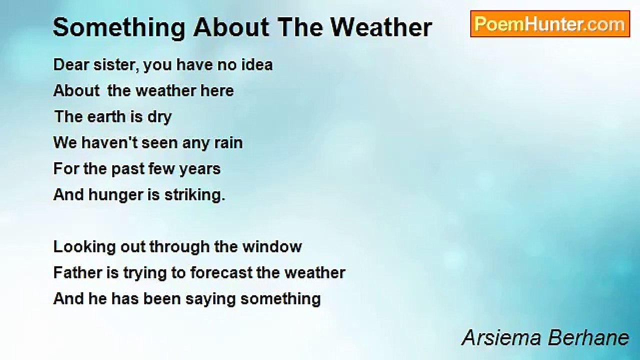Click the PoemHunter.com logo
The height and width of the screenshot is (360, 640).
[550, 24]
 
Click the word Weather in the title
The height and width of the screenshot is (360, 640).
[381, 27]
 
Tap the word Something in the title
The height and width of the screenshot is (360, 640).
[119, 28]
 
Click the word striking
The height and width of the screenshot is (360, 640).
[195, 195]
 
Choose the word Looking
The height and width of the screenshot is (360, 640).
[84, 247]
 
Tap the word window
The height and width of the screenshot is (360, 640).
[272, 246]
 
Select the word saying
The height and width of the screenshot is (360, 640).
[210, 299]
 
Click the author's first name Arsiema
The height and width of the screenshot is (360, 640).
[501, 337]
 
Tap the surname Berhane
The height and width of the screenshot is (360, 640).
[588, 337]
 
